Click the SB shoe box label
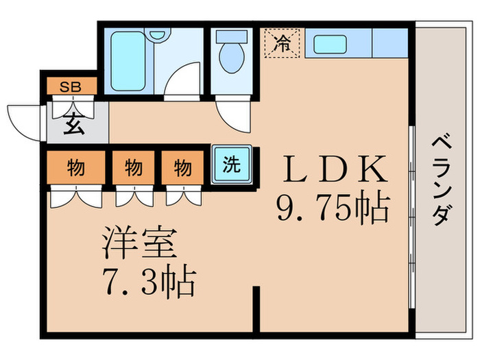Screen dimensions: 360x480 coord(69,86)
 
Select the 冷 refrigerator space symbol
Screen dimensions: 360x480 coord(282,44)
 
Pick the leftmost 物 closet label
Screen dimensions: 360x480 coord(76,167)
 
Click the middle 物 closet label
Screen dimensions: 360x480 coord(133,167)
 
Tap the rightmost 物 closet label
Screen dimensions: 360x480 coord(182,167)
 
